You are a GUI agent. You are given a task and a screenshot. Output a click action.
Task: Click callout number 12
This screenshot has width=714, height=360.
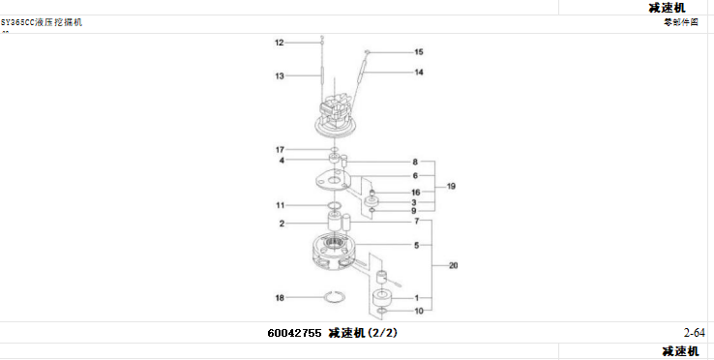[x=279, y=43]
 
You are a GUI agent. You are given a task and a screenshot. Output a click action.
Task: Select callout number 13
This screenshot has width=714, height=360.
[x=279, y=75]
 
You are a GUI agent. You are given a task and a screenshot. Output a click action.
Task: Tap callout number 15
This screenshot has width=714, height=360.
[x=418, y=51]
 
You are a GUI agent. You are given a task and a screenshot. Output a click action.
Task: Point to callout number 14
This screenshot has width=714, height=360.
[x=418, y=72]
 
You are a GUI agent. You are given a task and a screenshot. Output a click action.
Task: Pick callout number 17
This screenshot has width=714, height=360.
[x=279, y=149]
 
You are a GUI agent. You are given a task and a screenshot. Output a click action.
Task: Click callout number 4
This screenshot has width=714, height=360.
[x=282, y=161]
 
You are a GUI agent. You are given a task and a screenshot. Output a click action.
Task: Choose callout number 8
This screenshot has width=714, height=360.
[x=415, y=162]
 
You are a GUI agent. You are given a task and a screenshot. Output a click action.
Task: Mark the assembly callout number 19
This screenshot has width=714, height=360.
[x=451, y=185]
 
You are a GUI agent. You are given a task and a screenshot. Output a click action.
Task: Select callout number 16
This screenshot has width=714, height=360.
[x=415, y=193]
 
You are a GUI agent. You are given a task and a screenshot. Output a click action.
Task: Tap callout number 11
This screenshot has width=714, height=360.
[x=279, y=205]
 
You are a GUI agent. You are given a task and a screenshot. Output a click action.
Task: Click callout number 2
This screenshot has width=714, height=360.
[x=282, y=224]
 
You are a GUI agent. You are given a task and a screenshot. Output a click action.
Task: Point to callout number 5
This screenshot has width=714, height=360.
[x=415, y=246]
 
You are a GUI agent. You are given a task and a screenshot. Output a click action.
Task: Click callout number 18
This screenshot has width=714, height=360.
[x=279, y=297]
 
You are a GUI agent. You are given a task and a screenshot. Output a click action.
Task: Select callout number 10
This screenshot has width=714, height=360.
[x=418, y=311]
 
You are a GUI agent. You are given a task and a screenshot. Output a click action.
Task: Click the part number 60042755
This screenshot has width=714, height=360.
[x=295, y=334]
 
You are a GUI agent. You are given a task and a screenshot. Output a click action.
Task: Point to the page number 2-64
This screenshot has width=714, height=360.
[x=694, y=334]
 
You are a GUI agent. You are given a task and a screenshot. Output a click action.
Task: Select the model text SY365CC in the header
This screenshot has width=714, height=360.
[x=16, y=22]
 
